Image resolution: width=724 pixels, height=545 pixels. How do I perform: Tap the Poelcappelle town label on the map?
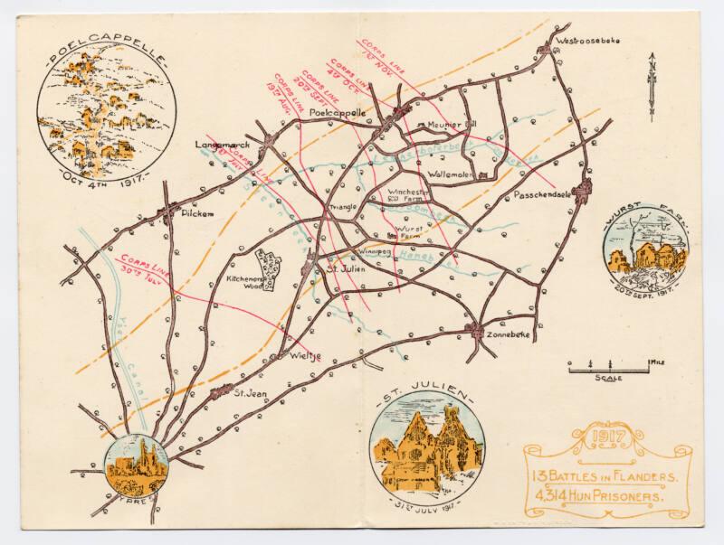(337, 112)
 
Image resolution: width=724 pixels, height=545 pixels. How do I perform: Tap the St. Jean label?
(249, 394)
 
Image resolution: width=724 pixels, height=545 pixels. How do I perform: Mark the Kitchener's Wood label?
(244, 285)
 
